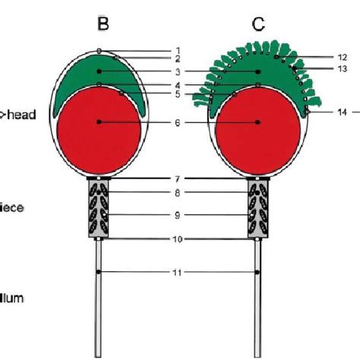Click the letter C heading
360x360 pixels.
click(x=259, y=24)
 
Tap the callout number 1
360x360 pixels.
click(x=177, y=51)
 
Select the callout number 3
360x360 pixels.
click(x=177, y=72)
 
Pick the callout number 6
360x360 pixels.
click(x=177, y=122)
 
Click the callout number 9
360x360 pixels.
click(x=177, y=216)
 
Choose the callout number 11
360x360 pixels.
click(x=177, y=271)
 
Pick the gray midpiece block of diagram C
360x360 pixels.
click(x=259, y=208)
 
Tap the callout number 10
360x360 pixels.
click(x=177, y=239)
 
